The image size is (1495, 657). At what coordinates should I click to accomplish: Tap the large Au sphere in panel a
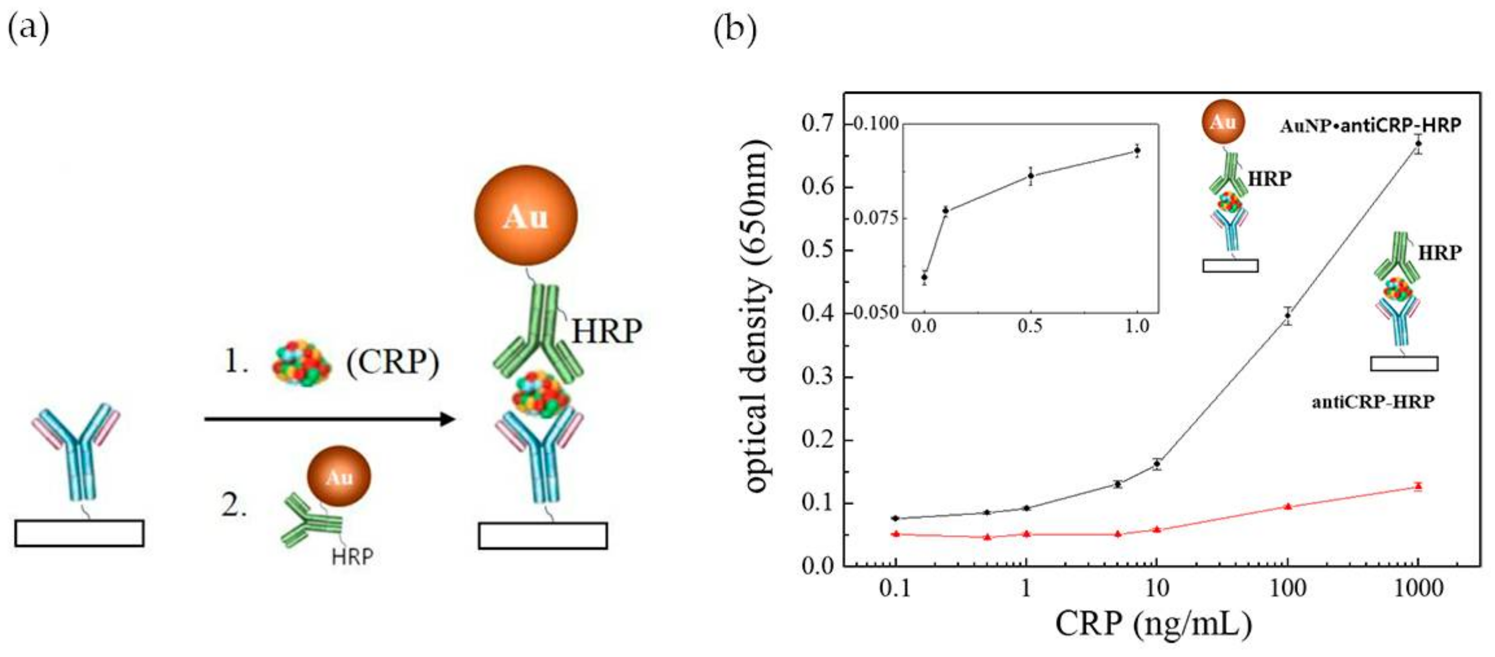click(x=525, y=216)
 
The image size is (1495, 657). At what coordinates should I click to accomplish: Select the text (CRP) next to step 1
click(x=393, y=363)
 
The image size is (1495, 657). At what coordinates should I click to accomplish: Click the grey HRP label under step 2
click(x=352, y=557)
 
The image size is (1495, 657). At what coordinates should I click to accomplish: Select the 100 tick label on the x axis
click(x=1288, y=588)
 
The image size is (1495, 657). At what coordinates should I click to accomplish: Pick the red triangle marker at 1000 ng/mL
click(x=1418, y=486)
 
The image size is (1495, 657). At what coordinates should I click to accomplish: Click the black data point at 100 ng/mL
click(x=1288, y=316)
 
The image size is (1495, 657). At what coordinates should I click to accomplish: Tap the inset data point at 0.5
click(x=1031, y=176)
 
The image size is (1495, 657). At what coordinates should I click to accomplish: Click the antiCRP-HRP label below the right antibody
click(x=1373, y=401)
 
